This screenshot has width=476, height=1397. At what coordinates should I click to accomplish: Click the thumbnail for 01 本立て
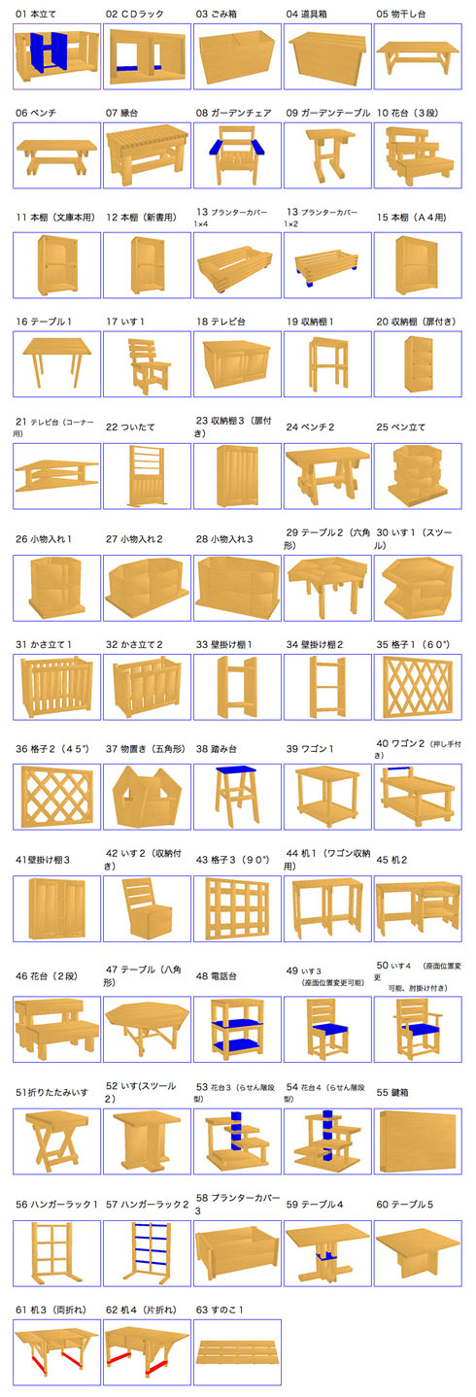coord(56,56)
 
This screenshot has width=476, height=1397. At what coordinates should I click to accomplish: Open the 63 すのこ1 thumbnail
coord(237,1350)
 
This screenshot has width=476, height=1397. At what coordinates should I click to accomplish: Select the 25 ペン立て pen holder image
coord(419,478)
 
